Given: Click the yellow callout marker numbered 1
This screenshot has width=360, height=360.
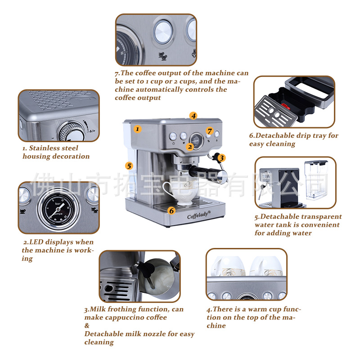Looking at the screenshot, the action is (x=137, y=129).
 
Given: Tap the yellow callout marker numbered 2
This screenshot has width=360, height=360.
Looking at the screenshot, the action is (x=190, y=147).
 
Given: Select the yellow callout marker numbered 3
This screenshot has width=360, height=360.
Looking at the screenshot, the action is (x=221, y=158).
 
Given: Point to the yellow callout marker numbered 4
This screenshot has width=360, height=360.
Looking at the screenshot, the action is (x=193, y=116).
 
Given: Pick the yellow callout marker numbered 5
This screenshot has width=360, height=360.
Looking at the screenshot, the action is (x=129, y=166).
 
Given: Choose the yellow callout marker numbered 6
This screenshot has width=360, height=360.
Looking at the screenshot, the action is (x=171, y=211).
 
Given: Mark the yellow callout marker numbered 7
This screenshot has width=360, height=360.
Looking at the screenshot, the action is (x=209, y=131).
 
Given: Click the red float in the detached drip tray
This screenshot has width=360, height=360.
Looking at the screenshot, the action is (x=286, y=106).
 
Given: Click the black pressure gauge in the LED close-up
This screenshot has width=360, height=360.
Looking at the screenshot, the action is (x=58, y=209).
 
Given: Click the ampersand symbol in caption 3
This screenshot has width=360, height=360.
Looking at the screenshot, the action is (x=87, y=325).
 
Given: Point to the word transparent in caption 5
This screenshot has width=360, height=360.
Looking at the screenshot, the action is (x=321, y=217).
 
